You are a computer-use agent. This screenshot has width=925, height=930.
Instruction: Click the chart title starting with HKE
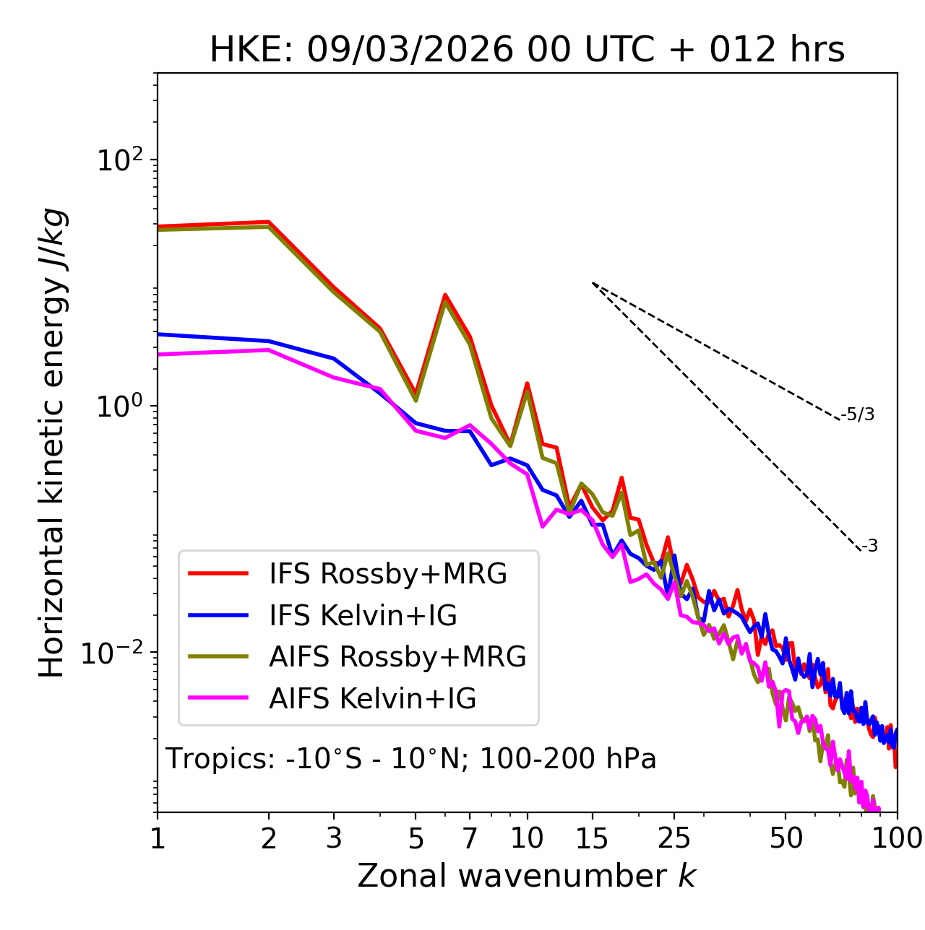[527, 51]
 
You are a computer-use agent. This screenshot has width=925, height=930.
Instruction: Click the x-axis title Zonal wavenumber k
[526, 876]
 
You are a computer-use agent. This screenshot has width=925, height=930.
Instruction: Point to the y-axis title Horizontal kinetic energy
[53, 443]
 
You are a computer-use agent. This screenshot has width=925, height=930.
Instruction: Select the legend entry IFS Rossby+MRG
[387, 574]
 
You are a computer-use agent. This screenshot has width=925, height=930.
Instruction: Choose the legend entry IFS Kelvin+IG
[363, 616]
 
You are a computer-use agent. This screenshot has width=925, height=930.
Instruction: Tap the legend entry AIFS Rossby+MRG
[397, 657]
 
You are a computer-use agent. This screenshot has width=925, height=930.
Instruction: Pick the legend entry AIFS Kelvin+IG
[372, 699]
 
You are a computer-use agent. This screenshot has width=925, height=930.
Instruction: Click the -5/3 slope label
[858, 415]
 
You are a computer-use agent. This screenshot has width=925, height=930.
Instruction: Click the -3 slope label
[869, 547]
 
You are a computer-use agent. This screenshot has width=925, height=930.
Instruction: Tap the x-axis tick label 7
[470, 838]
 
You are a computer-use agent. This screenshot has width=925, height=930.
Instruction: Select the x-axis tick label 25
[674, 838]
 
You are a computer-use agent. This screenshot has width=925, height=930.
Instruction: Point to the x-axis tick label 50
[786, 838]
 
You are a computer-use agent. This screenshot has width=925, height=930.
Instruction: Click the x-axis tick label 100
[897, 838]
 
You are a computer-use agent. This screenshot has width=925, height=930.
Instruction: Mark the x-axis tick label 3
[334, 838]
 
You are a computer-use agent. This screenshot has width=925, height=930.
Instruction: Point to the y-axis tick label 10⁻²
[115, 653]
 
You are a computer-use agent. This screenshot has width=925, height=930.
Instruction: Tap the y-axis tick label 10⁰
[121, 407]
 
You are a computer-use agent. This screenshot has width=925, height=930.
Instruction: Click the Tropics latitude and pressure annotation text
[410, 760]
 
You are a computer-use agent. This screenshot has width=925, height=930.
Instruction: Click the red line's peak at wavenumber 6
[445, 295]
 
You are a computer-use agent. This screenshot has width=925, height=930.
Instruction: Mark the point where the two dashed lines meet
[593, 283]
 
